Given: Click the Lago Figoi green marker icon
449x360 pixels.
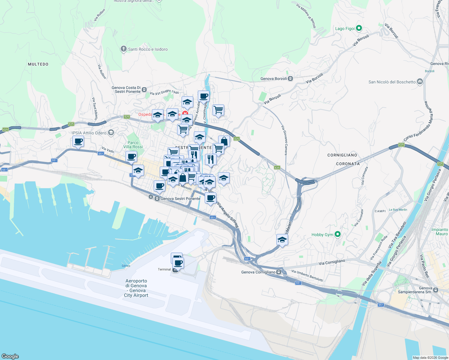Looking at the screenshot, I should [x=359, y=28].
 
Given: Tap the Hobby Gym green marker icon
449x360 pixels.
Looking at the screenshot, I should [x=338, y=234].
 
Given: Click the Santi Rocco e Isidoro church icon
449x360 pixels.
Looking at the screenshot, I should [x=123, y=49].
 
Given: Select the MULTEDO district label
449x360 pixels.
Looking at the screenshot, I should [x=38, y=64].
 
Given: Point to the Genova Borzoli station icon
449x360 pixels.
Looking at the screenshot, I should [x=290, y=79].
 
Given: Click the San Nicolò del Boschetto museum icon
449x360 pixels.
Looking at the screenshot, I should [x=420, y=82].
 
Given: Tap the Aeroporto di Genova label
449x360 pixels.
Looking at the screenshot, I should [x=137, y=288].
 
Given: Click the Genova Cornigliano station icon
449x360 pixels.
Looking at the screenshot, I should [x=279, y=272].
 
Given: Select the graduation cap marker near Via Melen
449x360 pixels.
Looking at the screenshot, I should [x=282, y=240].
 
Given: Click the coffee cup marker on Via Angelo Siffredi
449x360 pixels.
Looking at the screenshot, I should [x=211, y=198].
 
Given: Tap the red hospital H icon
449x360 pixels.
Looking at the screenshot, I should [x=185, y=114].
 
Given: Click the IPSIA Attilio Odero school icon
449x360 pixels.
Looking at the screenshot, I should [x=111, y=133].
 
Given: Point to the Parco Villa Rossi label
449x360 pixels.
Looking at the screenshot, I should [x=133, y=145].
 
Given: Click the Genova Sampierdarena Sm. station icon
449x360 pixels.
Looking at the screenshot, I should [x=435, y=290].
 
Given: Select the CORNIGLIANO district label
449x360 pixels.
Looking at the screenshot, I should [x=342, y=155].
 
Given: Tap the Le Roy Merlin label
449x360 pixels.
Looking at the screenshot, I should [x=398, y=210].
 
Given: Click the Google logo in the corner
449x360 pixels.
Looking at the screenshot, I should [x=10, y=356].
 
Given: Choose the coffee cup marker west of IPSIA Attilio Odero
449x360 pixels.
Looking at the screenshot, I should [x=78, y=141].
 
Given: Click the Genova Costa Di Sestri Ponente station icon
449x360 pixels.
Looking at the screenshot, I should [x=144, y=89].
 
